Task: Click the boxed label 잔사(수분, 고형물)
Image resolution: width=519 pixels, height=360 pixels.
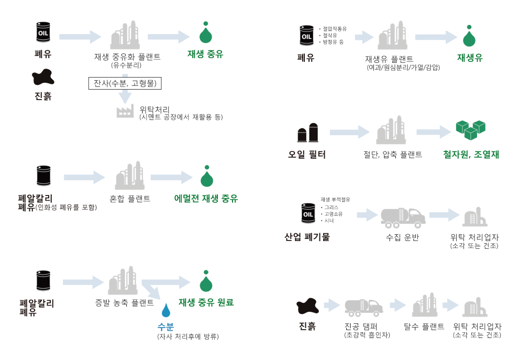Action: (x=125, y=83)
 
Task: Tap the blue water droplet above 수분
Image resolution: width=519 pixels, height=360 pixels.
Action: (x=166, y=311)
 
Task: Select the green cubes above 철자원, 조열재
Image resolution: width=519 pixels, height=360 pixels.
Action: (x=470, y=130)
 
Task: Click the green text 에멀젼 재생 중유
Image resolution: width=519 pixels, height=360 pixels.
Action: (x=206, y=199)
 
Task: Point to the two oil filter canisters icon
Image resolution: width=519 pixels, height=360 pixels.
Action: (x=308, y=133)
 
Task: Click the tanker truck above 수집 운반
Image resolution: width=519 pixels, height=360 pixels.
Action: (x=403, y=218)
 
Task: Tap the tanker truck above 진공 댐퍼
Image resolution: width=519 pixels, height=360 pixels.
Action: (x=364, y=308)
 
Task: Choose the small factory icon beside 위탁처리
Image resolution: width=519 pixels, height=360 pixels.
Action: (x=125, y=112)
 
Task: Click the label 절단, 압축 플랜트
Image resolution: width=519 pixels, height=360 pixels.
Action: (x=393, y=155)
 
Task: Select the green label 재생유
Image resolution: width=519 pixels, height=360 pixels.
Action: (x=470, y=58)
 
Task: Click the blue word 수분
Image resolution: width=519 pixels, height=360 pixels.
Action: (x=165, y=326)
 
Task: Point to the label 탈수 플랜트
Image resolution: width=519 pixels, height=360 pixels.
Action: (x=424, y=326)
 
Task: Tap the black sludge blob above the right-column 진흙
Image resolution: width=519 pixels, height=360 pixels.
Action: (x=307, y=306)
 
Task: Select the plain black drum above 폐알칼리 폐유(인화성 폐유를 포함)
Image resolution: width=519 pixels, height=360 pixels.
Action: (x=43, y=176)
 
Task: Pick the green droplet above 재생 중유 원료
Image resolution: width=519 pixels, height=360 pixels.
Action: (x=206, y=281)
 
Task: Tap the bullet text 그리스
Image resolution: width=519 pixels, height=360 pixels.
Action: (x=329, y=208)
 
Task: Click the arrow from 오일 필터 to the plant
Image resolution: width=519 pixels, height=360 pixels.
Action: (x=349, y=133)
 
